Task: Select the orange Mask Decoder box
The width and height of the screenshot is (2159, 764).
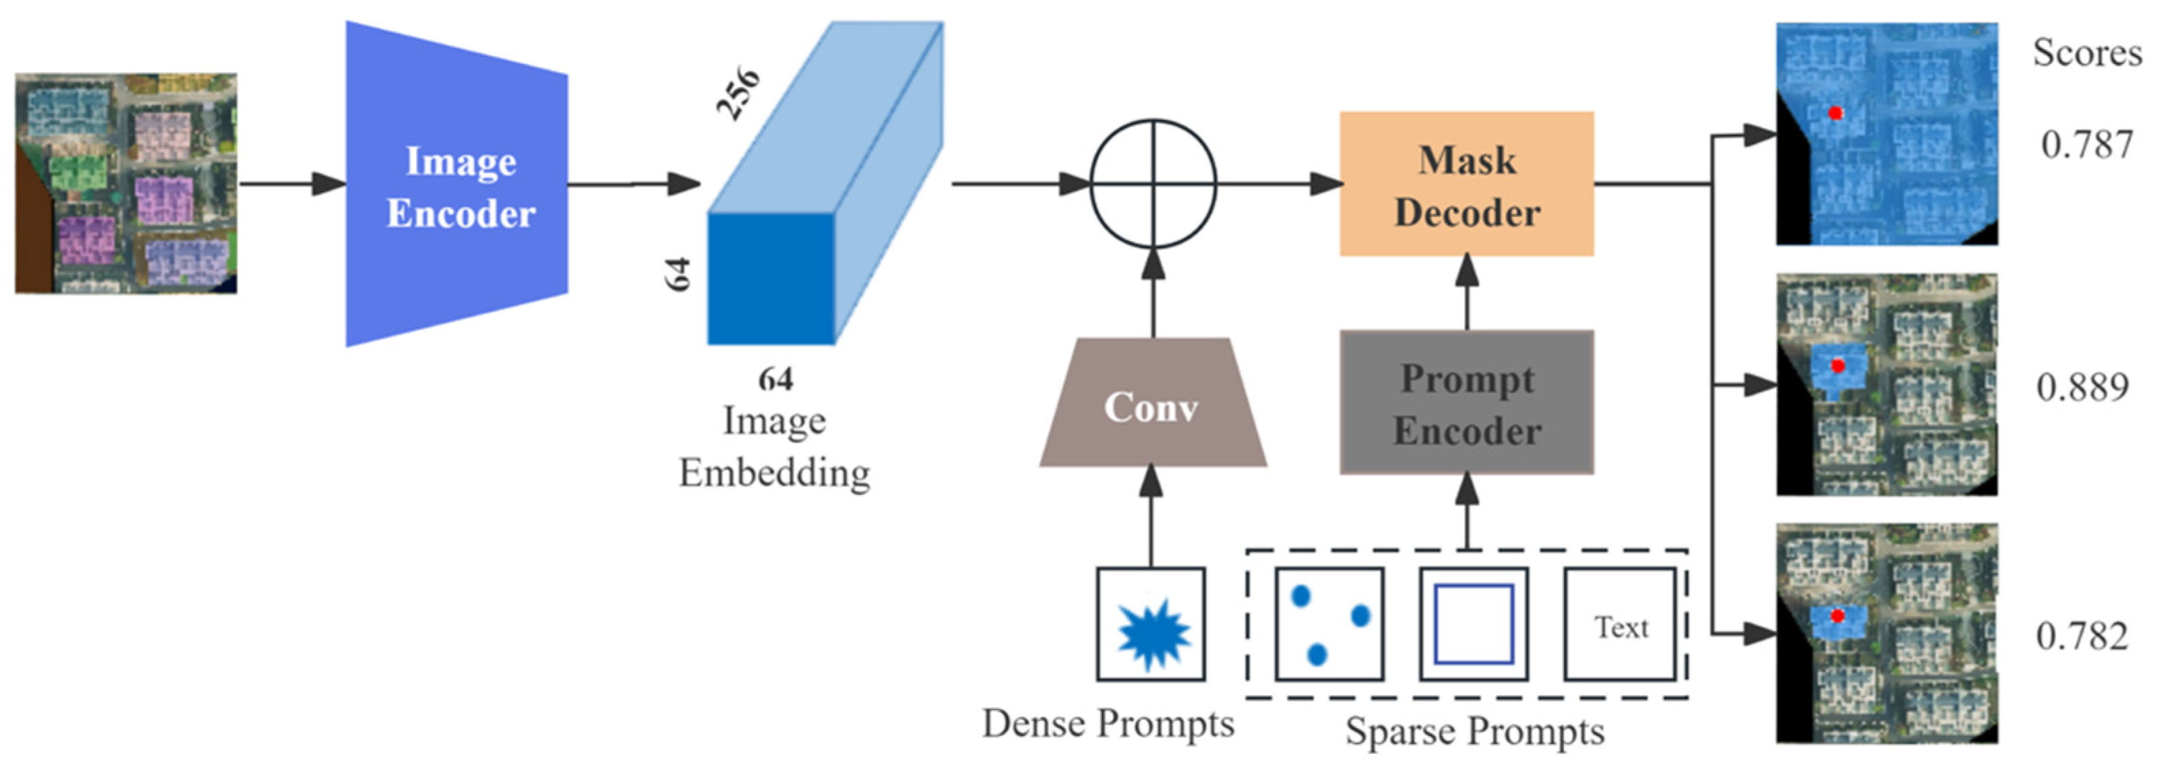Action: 1466,185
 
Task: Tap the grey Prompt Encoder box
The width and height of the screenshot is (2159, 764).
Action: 1466,403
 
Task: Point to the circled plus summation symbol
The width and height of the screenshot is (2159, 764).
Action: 1152,183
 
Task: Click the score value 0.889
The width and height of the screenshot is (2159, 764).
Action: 2082,387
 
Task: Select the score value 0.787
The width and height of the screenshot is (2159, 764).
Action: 2086,145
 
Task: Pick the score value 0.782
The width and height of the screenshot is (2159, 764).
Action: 2082,637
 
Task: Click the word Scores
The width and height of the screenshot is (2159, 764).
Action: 2087,53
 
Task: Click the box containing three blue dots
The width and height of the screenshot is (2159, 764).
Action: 1329,624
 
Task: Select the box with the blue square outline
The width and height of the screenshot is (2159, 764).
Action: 1473,624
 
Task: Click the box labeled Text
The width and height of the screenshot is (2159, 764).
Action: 1620,626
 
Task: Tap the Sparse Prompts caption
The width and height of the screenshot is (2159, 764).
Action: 1474,731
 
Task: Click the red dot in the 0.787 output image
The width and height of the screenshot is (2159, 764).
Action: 1835,112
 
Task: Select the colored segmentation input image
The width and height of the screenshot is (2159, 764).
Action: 125,183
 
